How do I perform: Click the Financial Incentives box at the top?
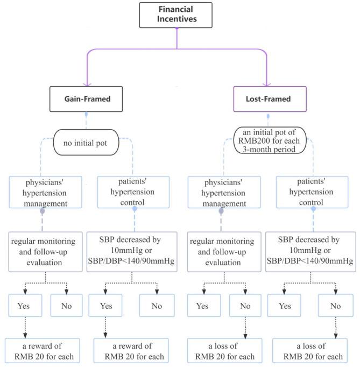click(177, 15)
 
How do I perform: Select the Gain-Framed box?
click(87, 99)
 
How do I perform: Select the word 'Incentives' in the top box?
click(177, 20)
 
